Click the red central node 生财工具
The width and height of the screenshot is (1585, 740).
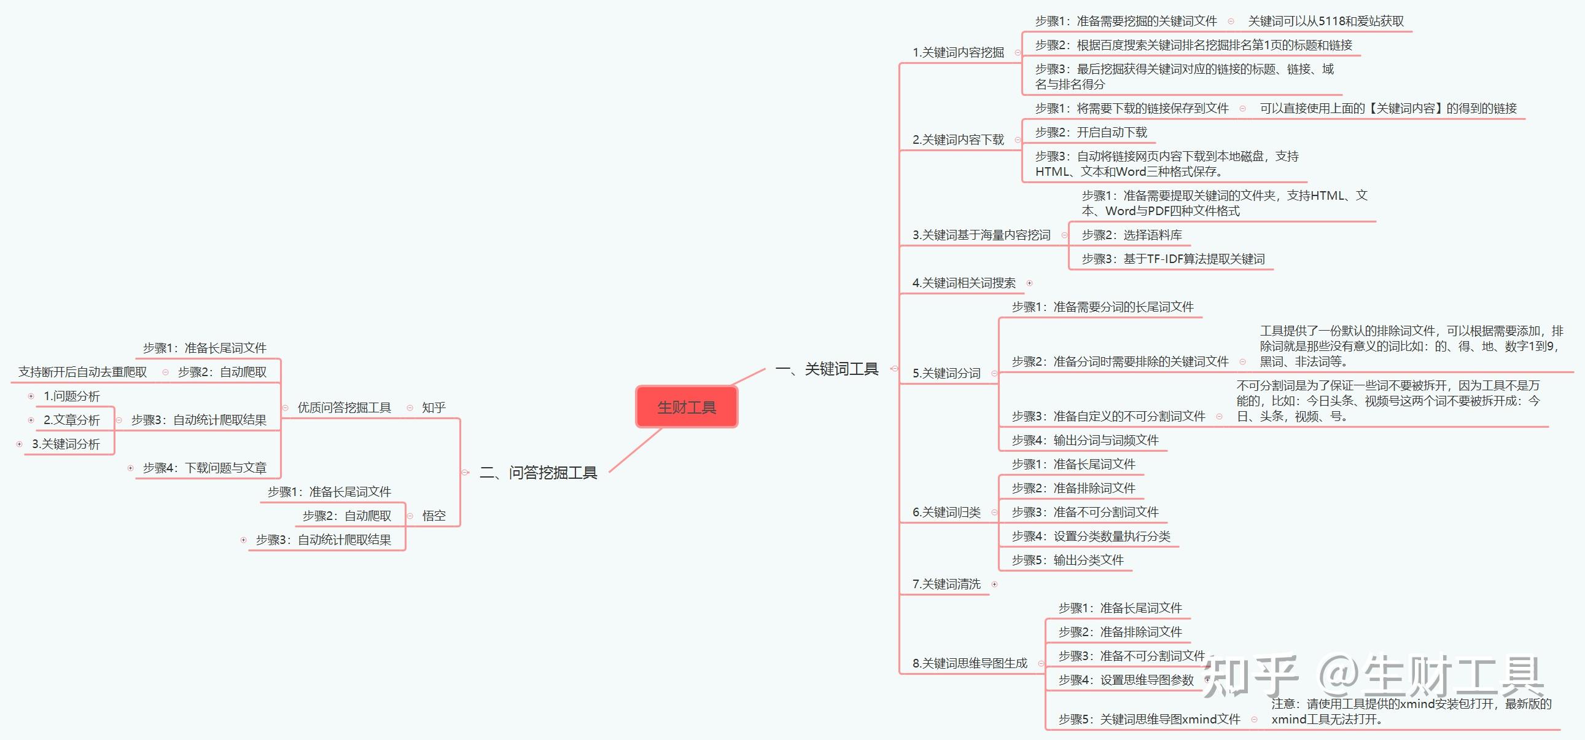click(686, 407)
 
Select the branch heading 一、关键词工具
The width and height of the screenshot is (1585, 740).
click(827, 369)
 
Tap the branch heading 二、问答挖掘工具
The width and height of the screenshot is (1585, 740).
click(539, 472)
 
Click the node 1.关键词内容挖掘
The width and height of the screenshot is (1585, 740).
click(958, 52)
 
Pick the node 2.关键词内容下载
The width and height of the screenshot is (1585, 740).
click(958, 140)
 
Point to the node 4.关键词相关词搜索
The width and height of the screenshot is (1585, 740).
click(964, 283)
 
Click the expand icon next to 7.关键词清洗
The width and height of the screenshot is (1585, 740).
click(994, 585)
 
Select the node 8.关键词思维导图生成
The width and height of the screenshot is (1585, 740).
click(970, 663)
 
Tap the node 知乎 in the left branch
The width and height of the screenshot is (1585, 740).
click(434, 407)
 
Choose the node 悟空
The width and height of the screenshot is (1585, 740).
click(434, 515)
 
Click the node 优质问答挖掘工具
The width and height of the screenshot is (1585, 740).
click(344, 407)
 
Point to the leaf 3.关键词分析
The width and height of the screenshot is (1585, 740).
click(66, 444)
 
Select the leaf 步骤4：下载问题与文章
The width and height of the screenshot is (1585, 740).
click(204, 468)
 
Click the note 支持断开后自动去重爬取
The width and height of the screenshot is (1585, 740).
click(82, 372)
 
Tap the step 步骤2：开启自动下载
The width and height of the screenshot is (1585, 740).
click(1091, 132)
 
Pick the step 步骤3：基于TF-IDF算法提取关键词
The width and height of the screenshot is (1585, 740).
click(1173, 259)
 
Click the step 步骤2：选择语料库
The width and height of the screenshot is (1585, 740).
click(1132, 235)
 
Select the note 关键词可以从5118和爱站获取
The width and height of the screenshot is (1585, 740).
click(1326, 21)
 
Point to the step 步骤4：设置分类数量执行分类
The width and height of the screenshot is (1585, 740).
click(1091, 536)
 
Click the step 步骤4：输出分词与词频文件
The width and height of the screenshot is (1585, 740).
click(1085, 440)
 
